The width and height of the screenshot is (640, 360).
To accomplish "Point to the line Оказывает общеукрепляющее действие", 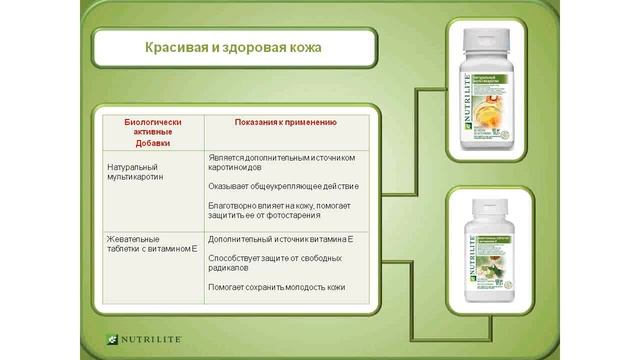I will [x=284, y=186].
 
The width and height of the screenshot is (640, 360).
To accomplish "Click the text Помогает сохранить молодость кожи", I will [x=277, y=287].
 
